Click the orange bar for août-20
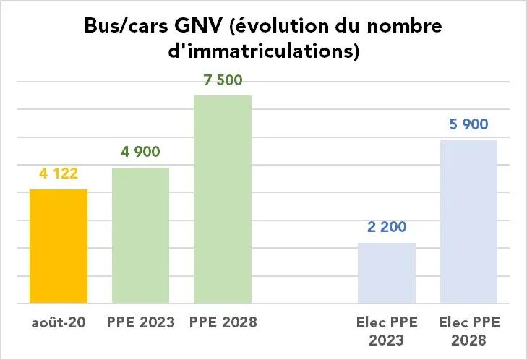click(58, 246)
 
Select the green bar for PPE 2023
click(140, 235)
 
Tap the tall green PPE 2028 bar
click(223, 199)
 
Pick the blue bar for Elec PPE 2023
click(387, 273)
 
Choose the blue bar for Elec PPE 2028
click(468, 220)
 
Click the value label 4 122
click(58, 173)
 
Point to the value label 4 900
click(140, 152)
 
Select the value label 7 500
click(223, 80)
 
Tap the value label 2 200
click(387, 227)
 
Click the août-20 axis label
click(58, 322)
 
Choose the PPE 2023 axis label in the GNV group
click(140, 322)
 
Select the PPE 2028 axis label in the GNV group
click(223, 322)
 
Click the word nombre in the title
click(412, 27)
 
